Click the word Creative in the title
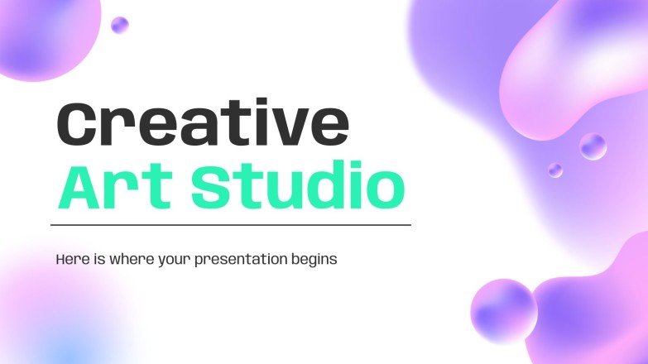(202, 124)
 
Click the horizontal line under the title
(231, 224)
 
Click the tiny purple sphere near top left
(120, 25)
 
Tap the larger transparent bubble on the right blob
(593, 146)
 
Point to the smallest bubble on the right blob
(554, 170)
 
